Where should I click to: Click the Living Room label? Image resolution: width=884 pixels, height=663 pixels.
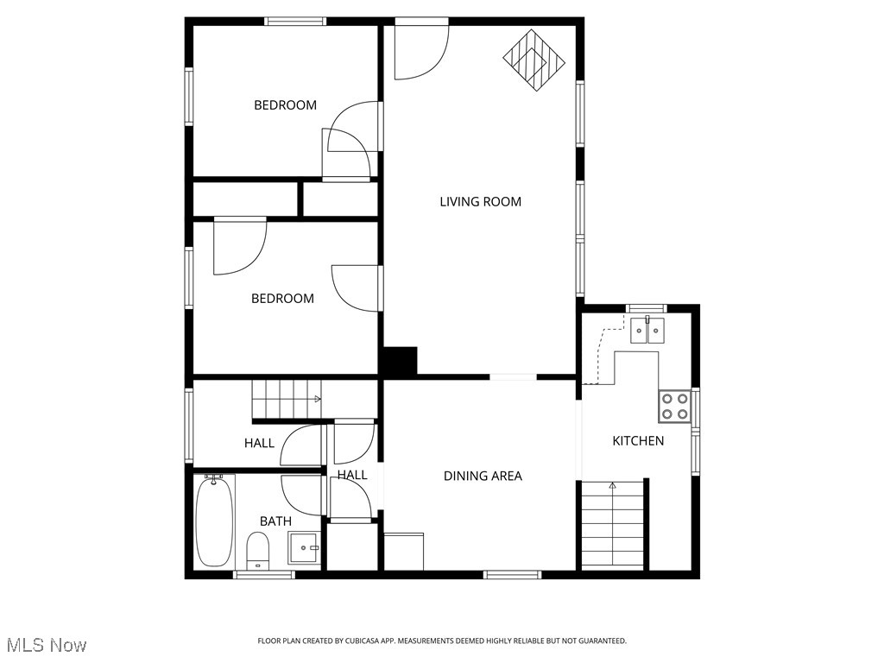pos(480,202)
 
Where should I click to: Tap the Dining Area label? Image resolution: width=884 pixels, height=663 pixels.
pos(483,476)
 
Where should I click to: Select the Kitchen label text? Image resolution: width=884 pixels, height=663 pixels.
pos(638,441)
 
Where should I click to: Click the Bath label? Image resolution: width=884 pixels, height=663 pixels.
pos(275,521)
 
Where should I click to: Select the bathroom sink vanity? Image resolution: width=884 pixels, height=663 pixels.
pos(304,547)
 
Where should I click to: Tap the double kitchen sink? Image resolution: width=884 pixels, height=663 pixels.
pos(647,331)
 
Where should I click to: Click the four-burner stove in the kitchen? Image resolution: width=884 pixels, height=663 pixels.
pos(675,406)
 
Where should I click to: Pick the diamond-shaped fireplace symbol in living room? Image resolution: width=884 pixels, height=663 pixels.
pos(534,60)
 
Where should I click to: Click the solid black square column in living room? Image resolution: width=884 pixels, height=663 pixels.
pos(400,361)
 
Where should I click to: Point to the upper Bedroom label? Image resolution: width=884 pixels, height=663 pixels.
pos(285,105)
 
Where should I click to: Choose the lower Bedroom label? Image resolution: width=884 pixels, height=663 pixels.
pos(282,299)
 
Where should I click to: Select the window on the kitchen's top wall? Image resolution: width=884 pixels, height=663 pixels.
pos(646,308)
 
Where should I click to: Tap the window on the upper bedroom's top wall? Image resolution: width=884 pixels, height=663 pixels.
pos(295,22)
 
